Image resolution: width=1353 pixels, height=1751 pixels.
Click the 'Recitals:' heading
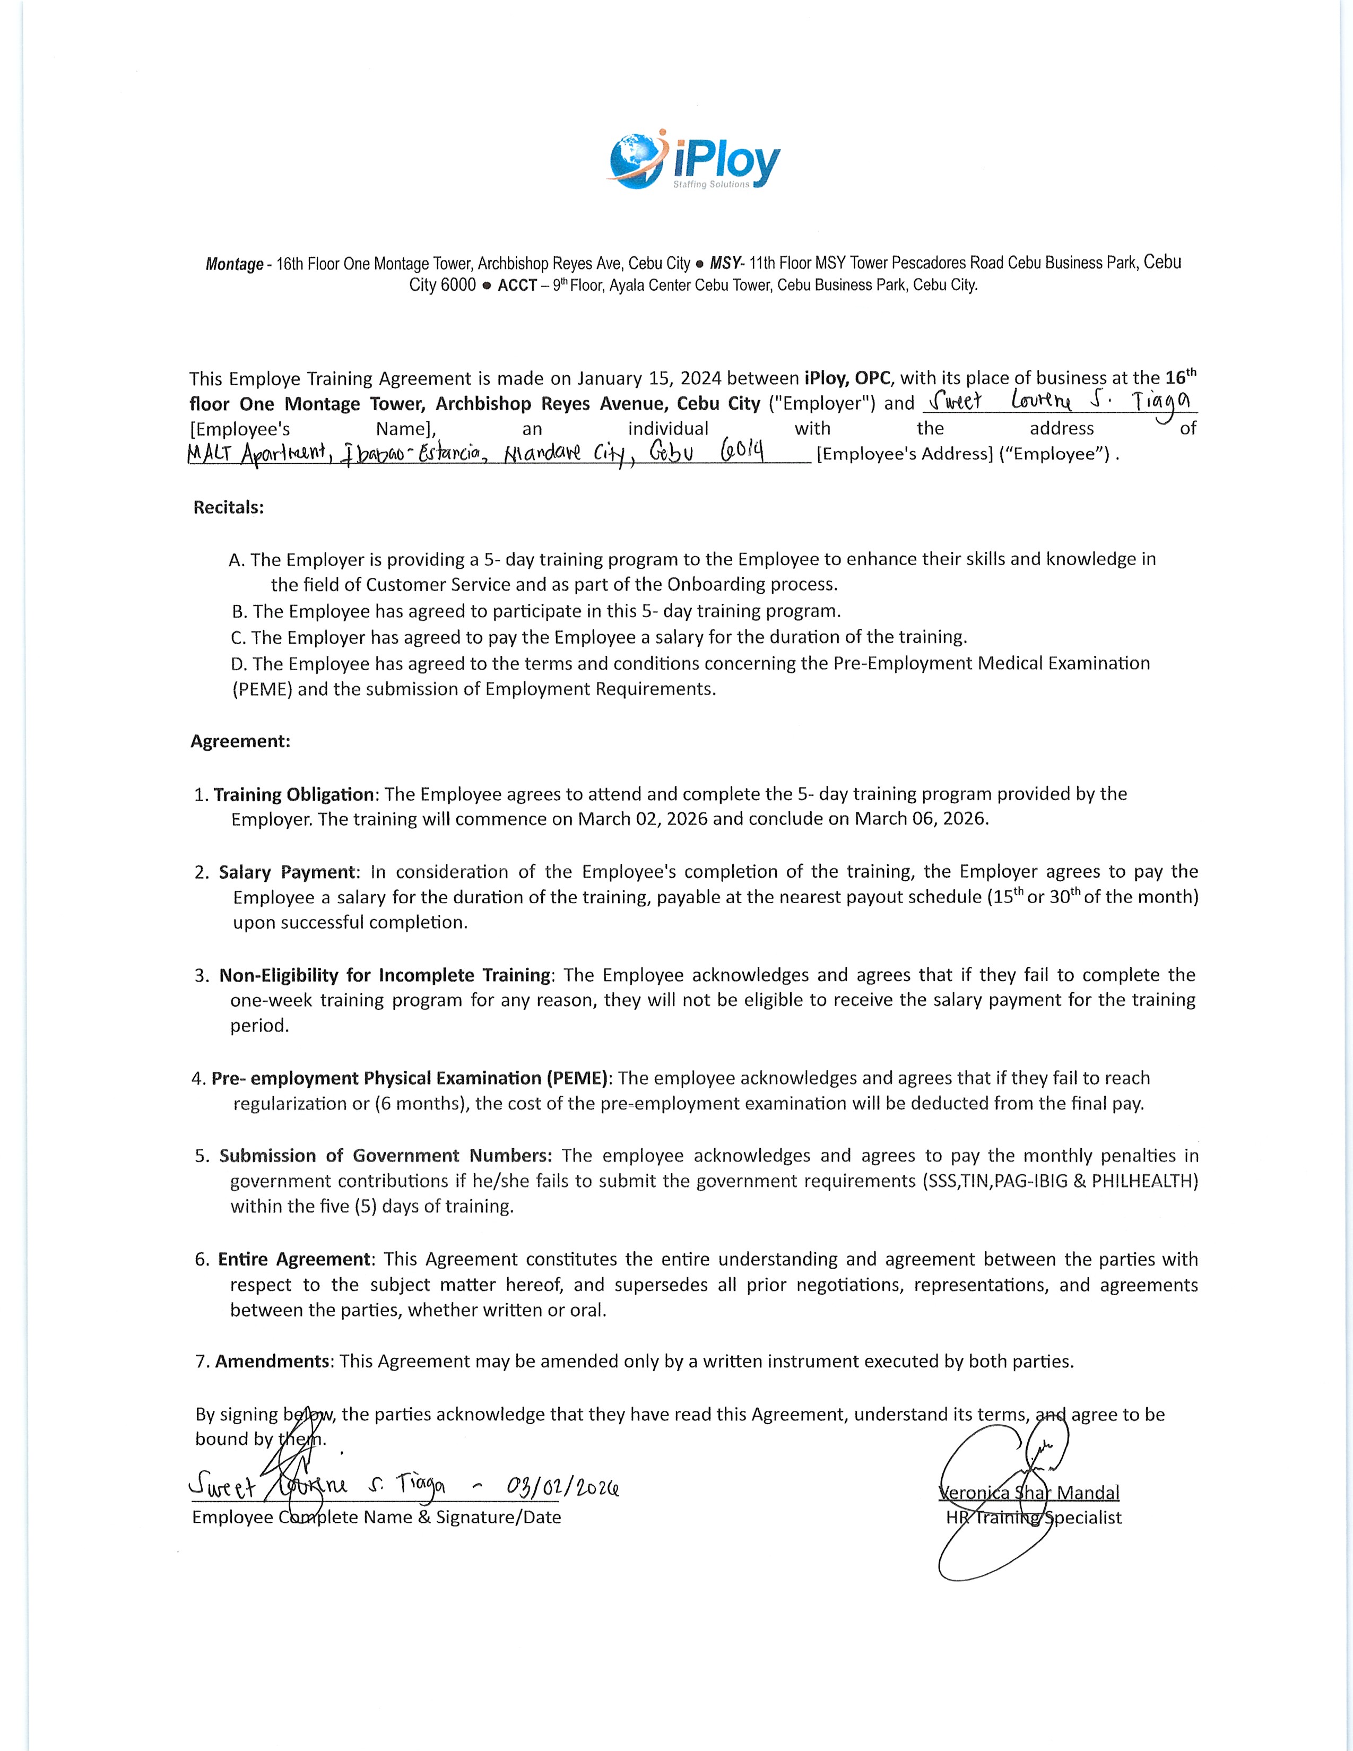[x=229, y=507]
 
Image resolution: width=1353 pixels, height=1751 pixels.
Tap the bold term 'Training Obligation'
[x=293, y=794]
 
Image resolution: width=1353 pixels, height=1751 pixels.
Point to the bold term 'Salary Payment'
[x=287, y=872]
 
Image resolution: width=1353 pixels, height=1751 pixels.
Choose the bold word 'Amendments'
[x=273, y=1362]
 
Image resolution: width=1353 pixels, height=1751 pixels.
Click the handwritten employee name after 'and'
[x=1058, y=402]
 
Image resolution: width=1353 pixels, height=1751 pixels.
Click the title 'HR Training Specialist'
[x=1033, y=1518]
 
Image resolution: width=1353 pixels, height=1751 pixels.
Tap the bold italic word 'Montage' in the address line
[x=234, y=264]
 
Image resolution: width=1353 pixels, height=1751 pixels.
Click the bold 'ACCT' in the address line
[x=517, y=285]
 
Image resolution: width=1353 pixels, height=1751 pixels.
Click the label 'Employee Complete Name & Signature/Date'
[x=377, y=1518]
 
